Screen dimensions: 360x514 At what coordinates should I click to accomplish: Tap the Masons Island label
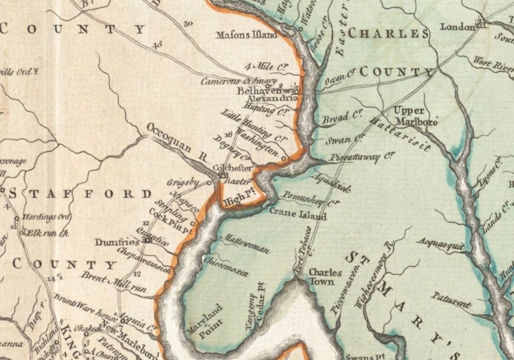(247, 35)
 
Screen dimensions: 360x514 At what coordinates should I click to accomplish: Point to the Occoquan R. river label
(176, 143)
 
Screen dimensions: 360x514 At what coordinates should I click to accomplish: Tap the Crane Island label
(298, 214)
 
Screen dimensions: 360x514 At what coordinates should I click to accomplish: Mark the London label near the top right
(457, 27)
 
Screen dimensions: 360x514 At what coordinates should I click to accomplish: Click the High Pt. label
(239, 198)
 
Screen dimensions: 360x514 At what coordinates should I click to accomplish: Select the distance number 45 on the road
(157, 45)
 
